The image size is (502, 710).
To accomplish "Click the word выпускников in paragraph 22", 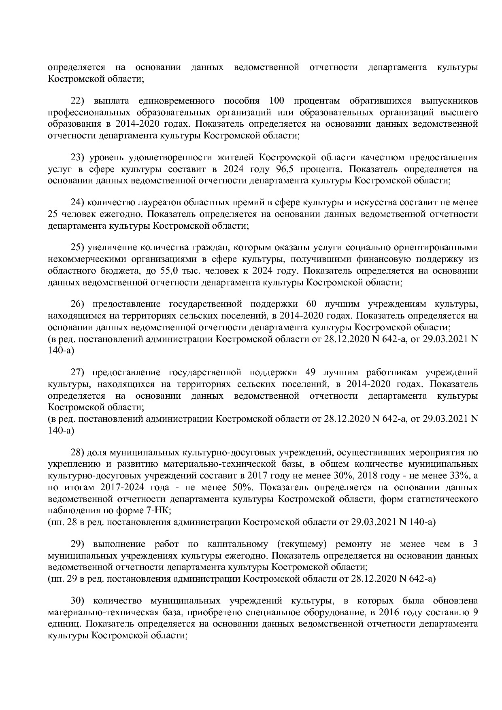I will coord(449,100).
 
